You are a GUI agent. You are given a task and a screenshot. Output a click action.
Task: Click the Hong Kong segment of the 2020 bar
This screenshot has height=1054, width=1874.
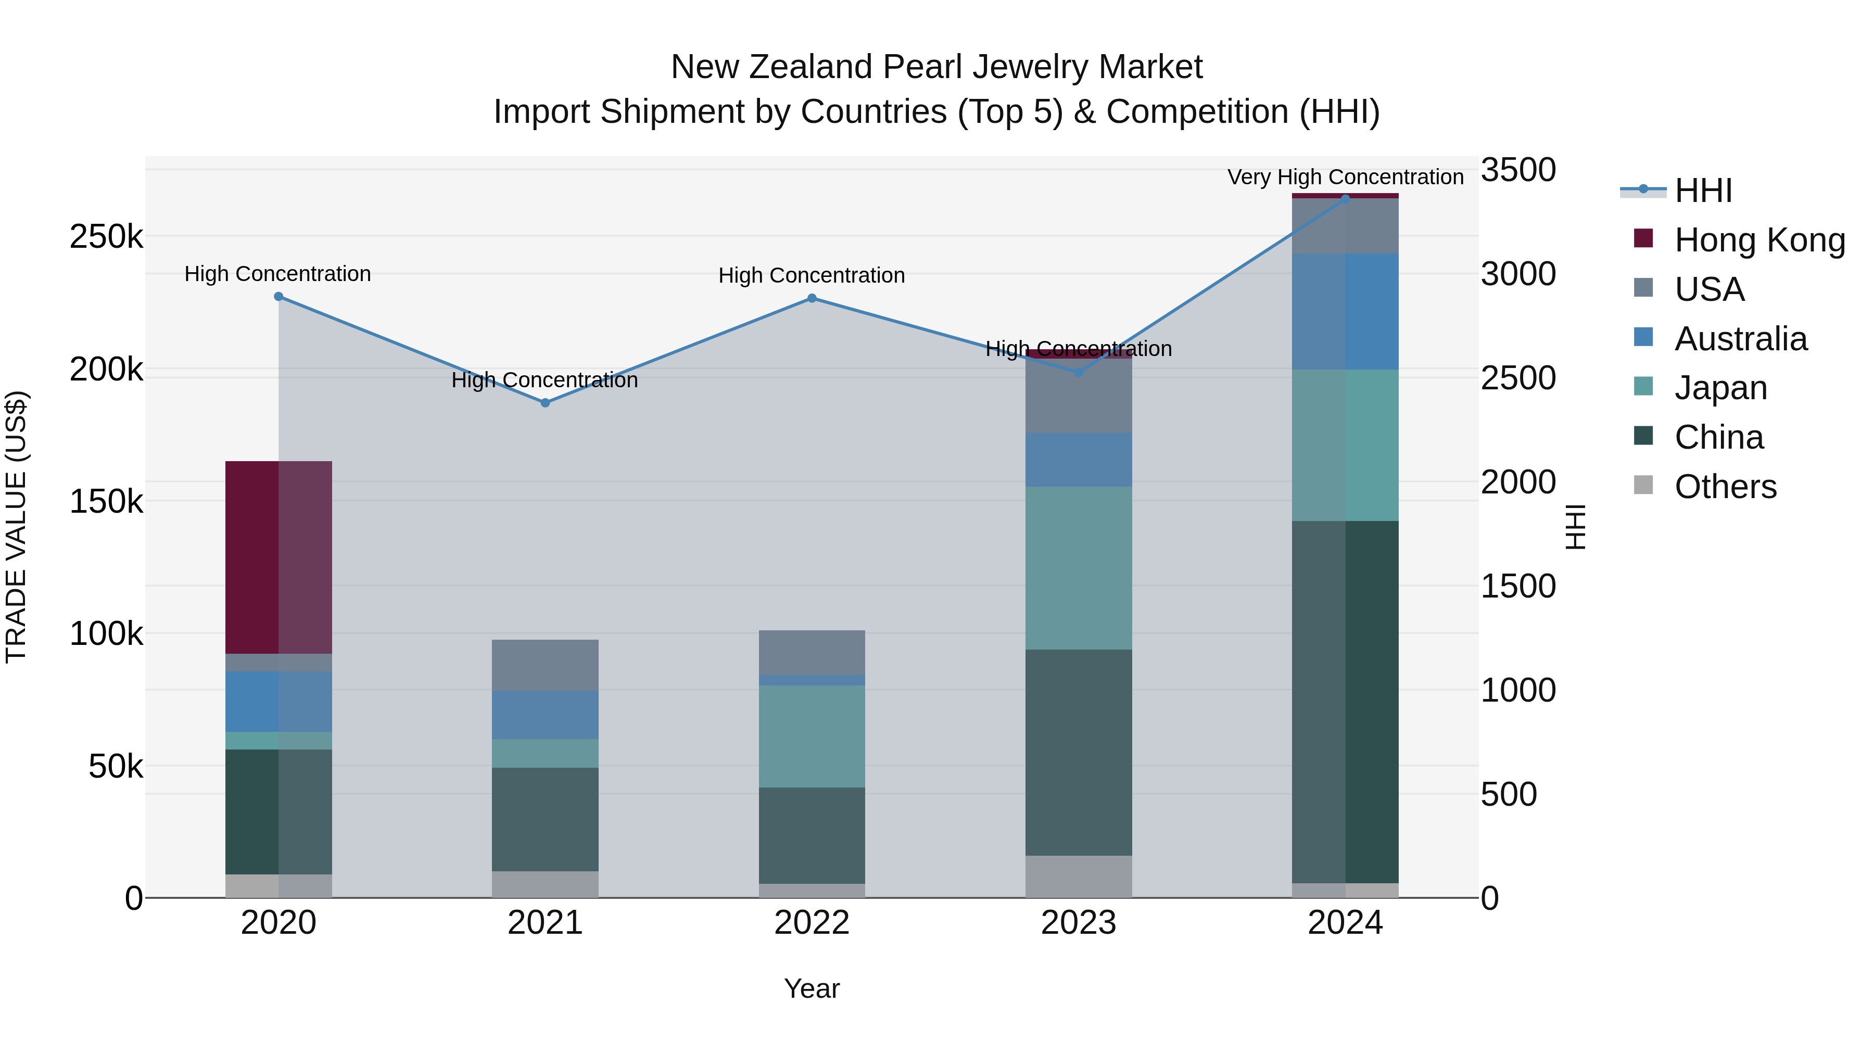(x=278, y=557)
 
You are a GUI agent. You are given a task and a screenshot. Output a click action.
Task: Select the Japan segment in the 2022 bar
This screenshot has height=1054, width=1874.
(x=812, y=736)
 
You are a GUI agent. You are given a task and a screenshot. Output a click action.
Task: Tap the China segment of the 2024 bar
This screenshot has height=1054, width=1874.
(x=1345, y=702)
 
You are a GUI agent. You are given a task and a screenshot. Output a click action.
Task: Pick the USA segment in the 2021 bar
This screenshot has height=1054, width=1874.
(x=545, y=665)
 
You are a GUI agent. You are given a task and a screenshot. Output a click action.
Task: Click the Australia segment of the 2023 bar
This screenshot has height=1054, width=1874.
(x=1079, y=460)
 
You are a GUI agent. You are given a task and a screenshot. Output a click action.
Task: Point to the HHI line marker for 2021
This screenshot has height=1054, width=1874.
(x=545, y=402)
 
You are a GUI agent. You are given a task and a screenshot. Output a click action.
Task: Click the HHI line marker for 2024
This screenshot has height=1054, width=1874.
(x=1345, y=199)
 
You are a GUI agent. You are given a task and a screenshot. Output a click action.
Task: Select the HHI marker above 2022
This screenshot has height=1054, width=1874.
(x=812, y=298)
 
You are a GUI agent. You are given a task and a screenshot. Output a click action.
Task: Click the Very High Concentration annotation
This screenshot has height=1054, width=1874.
(x=1345, y=177)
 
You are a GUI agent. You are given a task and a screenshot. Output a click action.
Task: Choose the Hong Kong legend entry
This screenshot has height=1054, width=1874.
(x=1758, y=240)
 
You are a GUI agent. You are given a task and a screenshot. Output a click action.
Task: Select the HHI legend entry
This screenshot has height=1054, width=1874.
(x=1702, y=191)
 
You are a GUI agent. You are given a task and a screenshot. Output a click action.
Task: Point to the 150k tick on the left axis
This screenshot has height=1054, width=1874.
(x=106, y=501)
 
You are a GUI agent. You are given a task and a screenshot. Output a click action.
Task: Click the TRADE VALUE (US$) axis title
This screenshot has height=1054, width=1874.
(x=16, y=527)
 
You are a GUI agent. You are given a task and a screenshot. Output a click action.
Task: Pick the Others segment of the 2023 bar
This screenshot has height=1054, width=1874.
(x=1079, y=876)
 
